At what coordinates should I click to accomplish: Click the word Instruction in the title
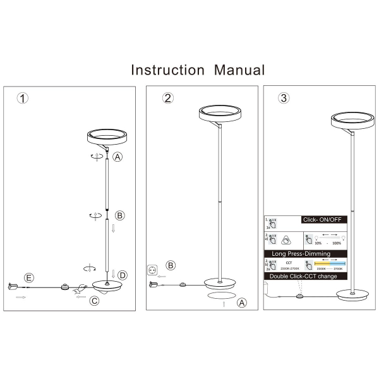[167, 69]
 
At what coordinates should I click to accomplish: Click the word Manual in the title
[239, 69]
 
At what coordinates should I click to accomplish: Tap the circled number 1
[23, 99]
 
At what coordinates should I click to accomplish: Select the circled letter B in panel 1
[120, 215]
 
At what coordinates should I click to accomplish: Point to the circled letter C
[94, 301]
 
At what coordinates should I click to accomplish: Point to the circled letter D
[122, 275]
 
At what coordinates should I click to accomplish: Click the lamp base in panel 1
[107, 285]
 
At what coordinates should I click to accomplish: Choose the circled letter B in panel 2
[171, 265]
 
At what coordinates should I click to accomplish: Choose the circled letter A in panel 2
[241, 303]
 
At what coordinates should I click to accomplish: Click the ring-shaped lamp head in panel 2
[219, 114]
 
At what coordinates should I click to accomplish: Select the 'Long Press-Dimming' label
[296, 253]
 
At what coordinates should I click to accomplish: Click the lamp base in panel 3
[352, 294]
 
